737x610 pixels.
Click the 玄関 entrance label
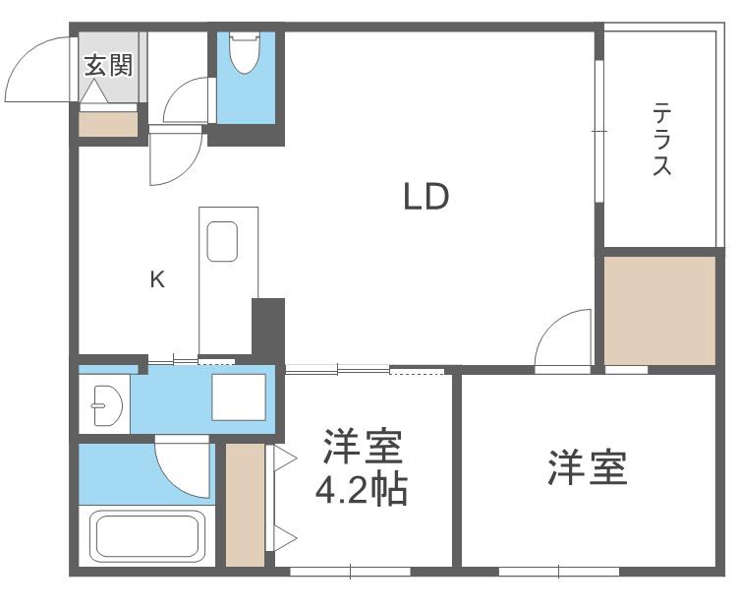click(109, 65)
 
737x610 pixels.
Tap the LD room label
click(426, 196)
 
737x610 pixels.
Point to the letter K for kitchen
click(157, 279)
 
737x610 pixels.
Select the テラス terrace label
click(661, 139)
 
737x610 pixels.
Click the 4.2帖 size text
click(361, 490)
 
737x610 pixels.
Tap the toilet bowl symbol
click(244, 52)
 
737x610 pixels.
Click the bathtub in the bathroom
click(147, 537)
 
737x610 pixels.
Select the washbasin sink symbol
click(108, 405)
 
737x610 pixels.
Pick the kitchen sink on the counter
click(222, 241)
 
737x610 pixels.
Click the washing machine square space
click(239, 396)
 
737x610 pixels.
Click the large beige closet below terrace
click(659, 311)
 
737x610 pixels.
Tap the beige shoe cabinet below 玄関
click(108, 124)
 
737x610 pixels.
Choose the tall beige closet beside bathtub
click(245, 505)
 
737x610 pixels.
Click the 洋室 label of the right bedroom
click(587, 467)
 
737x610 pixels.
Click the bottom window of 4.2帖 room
click(351, 572)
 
